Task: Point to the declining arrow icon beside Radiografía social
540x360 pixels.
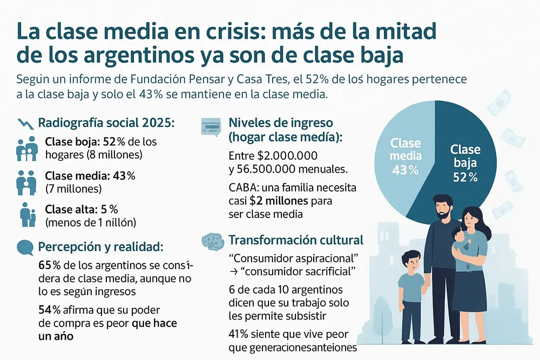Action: [25, 123]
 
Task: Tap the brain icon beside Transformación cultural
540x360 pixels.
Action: [211, 240]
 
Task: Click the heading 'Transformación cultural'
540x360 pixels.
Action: [296, 240]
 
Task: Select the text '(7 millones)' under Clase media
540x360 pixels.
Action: [73, 189]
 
